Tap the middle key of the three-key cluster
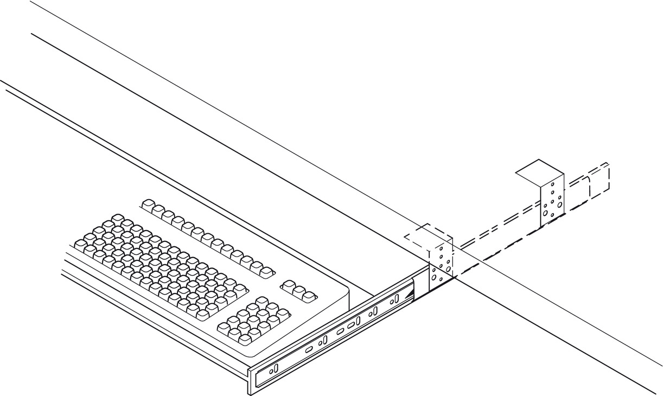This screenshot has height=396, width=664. tap(299, 291)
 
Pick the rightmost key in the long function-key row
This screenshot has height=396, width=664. tap(266, 272)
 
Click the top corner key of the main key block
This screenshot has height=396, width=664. tap(118, 219)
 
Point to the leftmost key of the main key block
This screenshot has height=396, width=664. tap(80, 245)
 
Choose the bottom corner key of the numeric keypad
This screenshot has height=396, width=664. tap(245, 340)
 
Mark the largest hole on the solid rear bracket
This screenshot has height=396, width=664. tap(560, 205)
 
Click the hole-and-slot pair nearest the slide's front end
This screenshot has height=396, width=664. tap(273, 369)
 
